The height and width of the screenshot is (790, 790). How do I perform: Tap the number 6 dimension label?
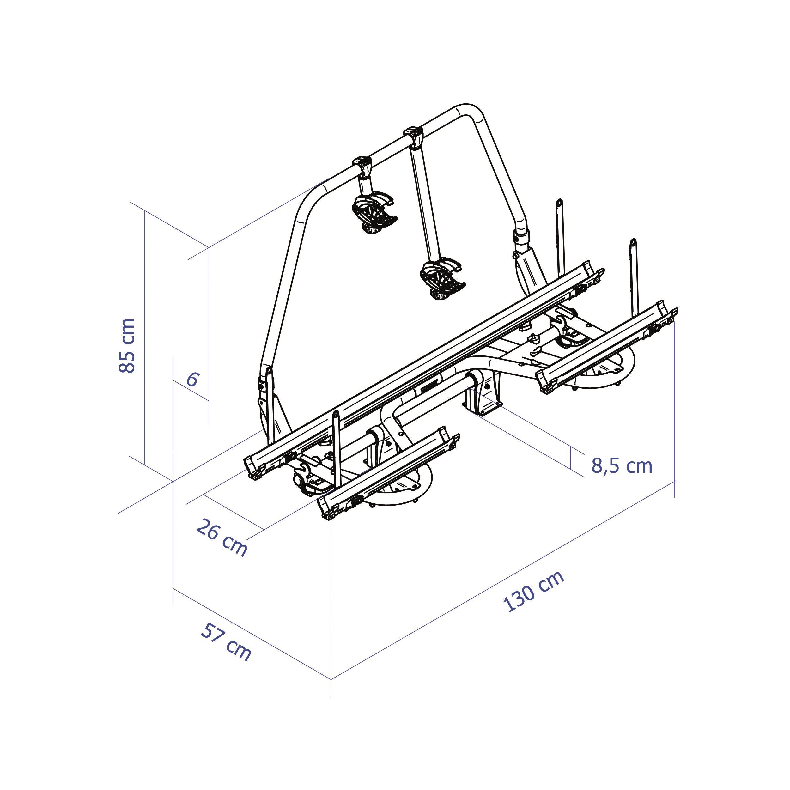tap(192, 380)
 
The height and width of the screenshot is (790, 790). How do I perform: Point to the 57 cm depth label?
tap(226, 642)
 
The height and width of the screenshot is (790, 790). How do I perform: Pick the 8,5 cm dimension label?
tap(622, 466)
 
